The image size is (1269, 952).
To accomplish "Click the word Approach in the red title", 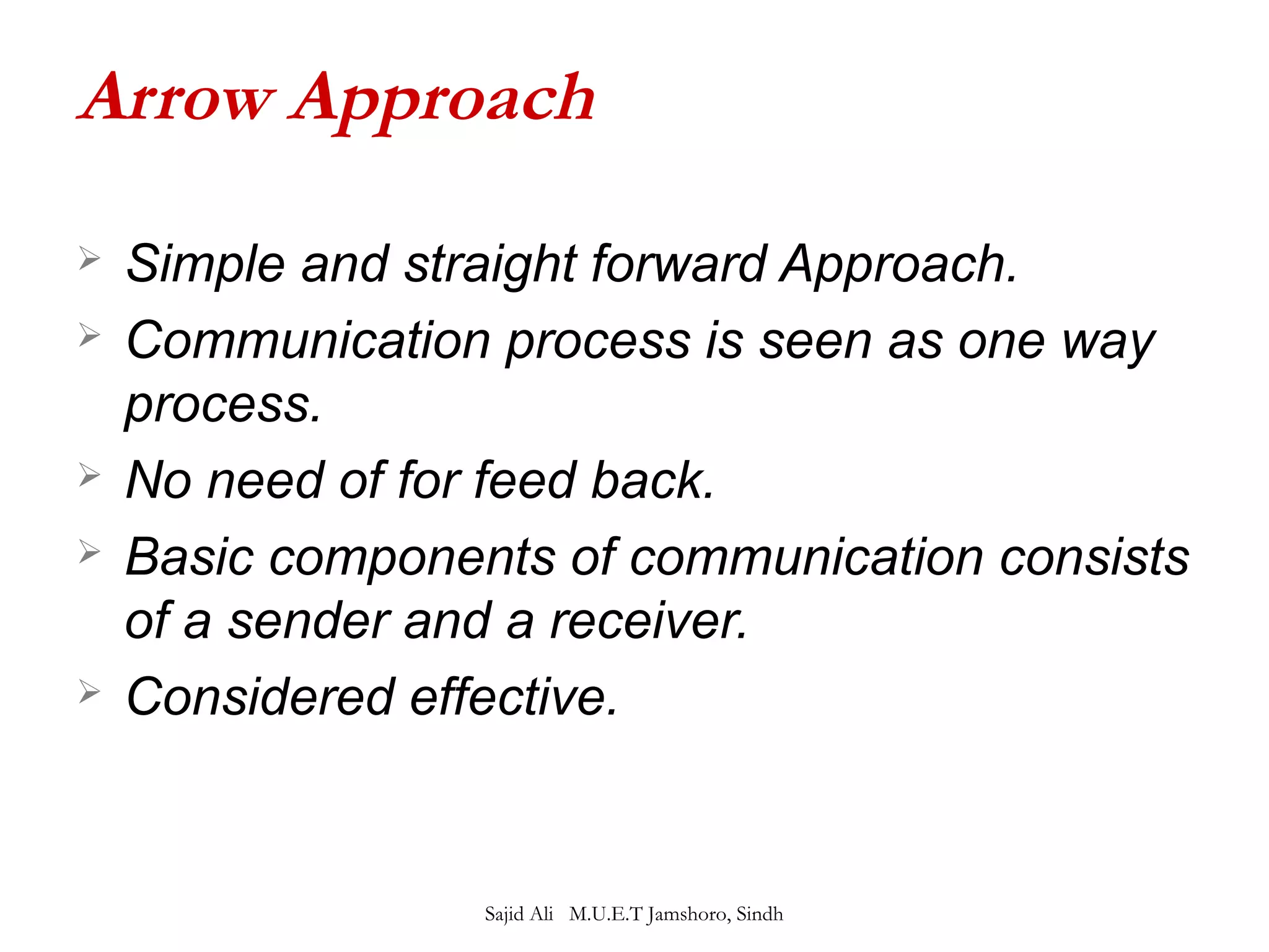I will [x=443, y=100].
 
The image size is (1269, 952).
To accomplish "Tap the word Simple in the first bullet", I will [x=205, y=265].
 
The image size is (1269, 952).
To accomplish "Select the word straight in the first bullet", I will [x=490, y=265].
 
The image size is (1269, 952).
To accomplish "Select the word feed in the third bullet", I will [x=524, y=480].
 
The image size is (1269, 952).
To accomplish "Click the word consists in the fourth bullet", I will [x=1094, y=557].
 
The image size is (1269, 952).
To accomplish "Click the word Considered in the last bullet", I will [x=260, y=697].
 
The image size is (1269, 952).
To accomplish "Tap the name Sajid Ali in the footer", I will [x=519, y=914].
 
